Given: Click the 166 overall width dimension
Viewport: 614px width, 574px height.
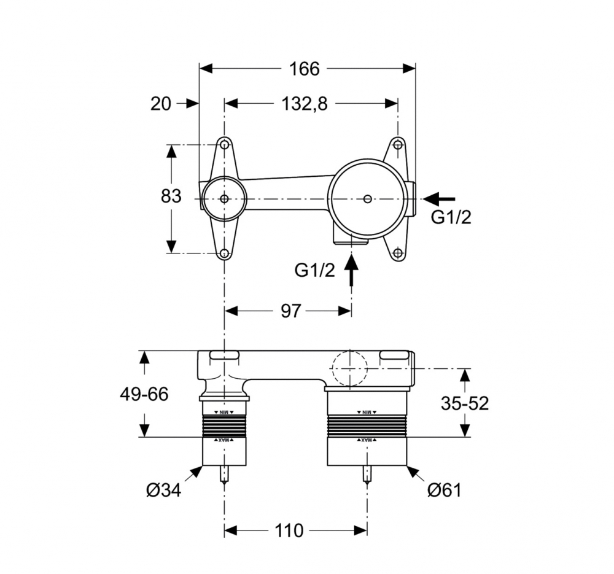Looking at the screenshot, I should [305, 69].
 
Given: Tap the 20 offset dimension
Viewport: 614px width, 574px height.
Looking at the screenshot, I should [161, 104].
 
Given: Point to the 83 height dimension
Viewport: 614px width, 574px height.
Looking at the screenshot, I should [171, 196].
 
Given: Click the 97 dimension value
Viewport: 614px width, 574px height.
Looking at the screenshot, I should [290, 311].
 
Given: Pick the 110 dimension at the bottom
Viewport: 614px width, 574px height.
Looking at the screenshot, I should [290, 530].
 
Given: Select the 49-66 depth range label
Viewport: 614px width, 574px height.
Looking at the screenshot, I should [144, 394].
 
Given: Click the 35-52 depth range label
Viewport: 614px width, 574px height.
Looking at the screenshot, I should [465, 403].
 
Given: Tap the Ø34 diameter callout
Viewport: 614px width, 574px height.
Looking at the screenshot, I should [163, 491].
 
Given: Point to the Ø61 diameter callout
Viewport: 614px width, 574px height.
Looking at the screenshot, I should [444, 490].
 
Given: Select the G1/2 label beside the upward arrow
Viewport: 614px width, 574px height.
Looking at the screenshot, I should [315, 270].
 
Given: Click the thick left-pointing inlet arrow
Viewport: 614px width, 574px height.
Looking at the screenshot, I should [440, 198].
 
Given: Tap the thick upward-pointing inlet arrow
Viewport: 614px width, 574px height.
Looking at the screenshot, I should [351, 270].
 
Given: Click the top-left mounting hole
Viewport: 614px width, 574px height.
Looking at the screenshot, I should [225, 145].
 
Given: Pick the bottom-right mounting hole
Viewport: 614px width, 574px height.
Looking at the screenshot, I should [398, 252].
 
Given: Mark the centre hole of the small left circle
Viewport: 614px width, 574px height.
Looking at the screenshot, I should [224, 199].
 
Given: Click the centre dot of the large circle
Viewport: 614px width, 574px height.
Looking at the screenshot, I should [367, 199].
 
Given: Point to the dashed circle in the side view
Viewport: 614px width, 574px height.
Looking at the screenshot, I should [349, 368].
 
